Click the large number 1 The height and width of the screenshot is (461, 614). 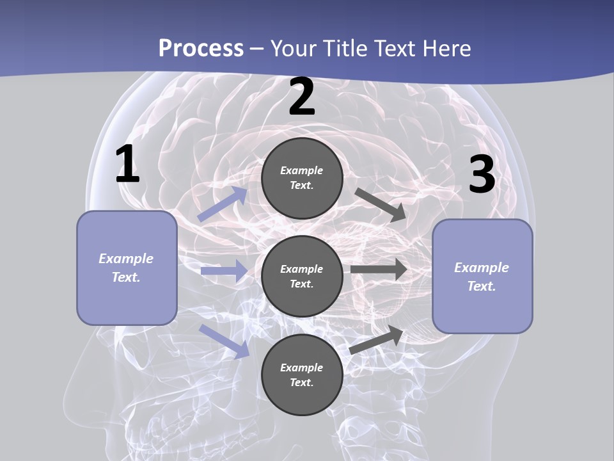[x=127, y=165]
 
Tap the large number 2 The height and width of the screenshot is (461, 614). [x=302, y=97]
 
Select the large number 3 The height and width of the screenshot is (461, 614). [x=482, y=175]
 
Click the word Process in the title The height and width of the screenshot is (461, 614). [x=201, y=48]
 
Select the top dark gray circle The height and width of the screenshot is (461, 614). [x=302, y=178]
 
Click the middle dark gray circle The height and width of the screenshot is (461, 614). [x=302, y=276]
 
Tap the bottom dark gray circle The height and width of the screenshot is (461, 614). [x=302, y=375]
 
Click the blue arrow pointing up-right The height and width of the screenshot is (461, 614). [x=222, y=204]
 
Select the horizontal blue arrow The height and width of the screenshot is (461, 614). [x=224, y=271]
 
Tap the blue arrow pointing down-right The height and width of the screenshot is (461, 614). [x=224, y=341]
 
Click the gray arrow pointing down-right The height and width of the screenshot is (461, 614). [x=380, y=204]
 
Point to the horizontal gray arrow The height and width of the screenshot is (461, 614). [x=379, y=269]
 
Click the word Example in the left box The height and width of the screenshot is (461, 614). [x=126, y=259]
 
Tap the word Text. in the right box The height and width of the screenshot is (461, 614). [x=482, y=286]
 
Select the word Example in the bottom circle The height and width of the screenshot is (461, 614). [x=302, y=368]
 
